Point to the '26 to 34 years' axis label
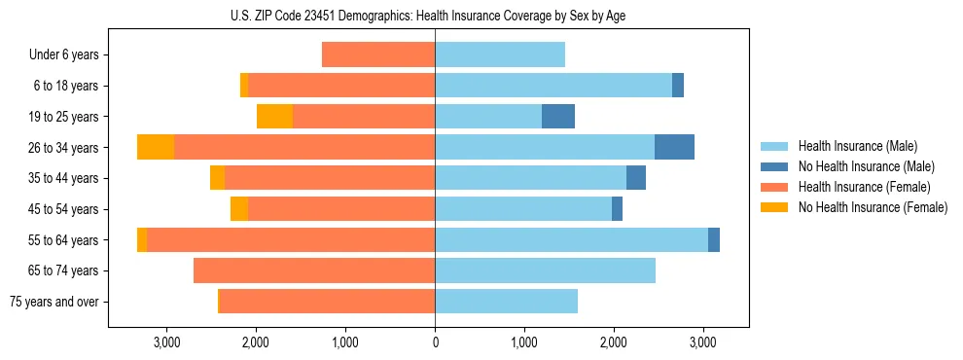[x=63, y=148]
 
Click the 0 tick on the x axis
[x=435, y=342]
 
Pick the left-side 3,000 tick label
[x=166, y=342]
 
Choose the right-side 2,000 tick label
[x=614, y=342]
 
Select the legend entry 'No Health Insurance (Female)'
[x=873, y=207]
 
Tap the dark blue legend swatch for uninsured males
[x=774, y=166]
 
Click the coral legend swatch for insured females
[x=774, y=187]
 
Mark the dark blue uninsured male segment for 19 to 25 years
[x=558, y=117]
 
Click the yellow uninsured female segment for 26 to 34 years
[x=156, y=147]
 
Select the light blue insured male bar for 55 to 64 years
[x=571, y=239]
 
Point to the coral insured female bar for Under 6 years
[x=378, y=55]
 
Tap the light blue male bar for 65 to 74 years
[x=545, y=270]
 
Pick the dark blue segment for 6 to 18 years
[x=678, y=86]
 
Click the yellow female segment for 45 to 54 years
[x=239, y=209]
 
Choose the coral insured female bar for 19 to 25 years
[x=364, y=117]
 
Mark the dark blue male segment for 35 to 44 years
[x=636, y=178]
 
